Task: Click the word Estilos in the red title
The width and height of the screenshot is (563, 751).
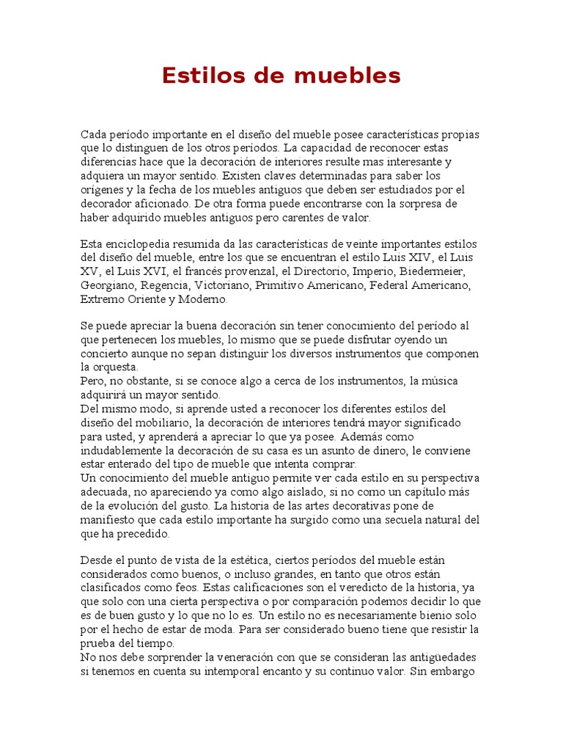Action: pos(194,75)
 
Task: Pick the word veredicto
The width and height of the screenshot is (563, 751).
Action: pos(372,587)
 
